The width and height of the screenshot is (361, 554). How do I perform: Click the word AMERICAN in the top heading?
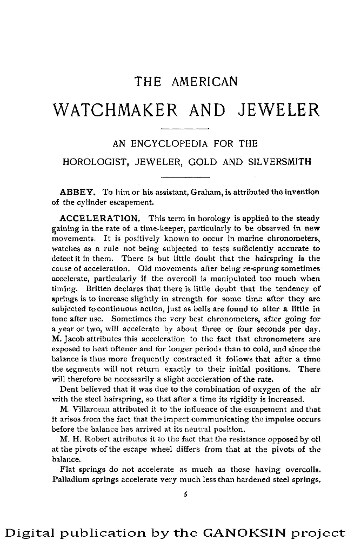pyautogui.click(x=204, y=82)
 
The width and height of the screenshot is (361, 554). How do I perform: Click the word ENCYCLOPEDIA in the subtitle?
pyautogui.click(x=174, y=144)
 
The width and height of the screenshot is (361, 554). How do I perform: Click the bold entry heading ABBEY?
pyautogui.click(x=78, y=192)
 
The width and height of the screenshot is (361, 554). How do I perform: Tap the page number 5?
pyautogui.click(x=185, y=493)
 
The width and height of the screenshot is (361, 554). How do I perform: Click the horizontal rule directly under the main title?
pyautogui.click(x=185, y=129)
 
